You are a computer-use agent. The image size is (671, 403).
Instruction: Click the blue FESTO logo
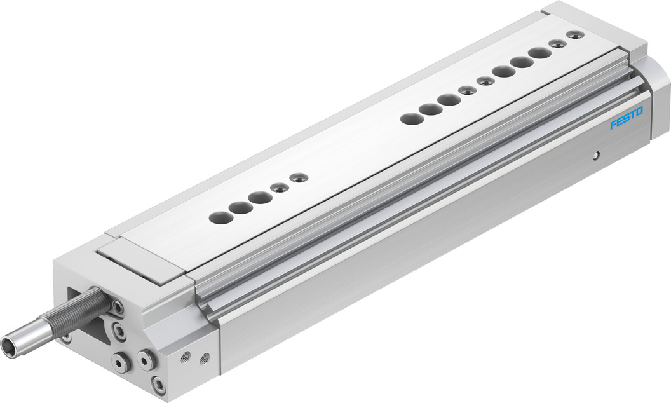[x=626, y=118]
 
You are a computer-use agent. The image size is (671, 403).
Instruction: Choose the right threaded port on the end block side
[x=205, y=357]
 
